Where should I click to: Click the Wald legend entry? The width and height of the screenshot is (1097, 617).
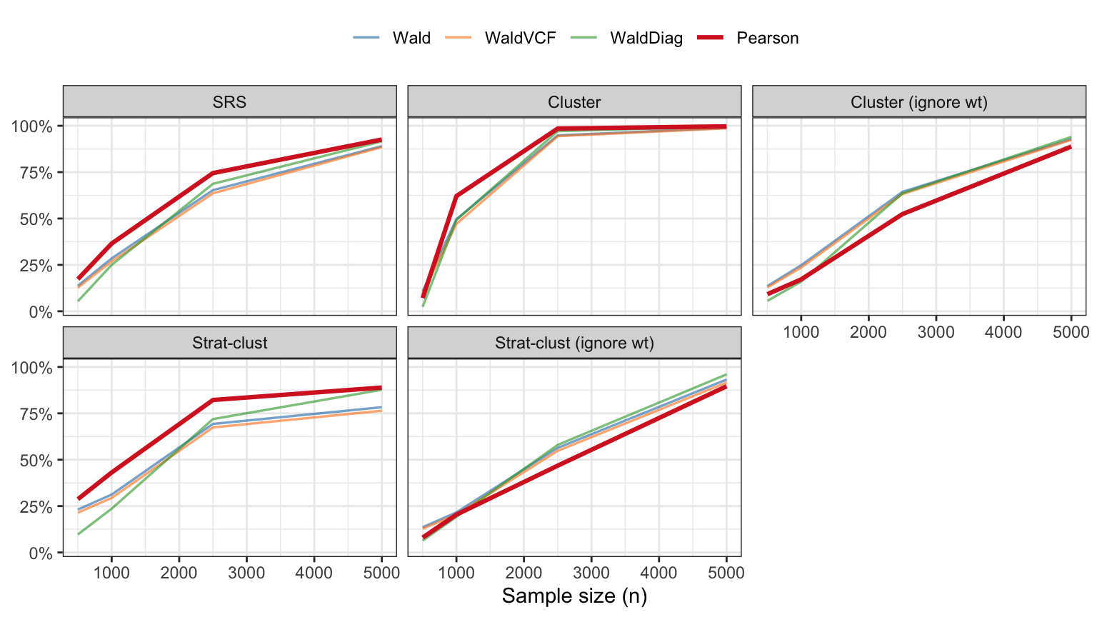(411, 38)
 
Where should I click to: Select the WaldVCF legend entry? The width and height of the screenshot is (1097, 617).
(519, 38)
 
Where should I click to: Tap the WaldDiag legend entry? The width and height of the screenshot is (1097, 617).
(646, 38)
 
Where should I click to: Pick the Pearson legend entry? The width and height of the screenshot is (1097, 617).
(767, 38)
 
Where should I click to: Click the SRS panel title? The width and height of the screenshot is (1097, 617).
(229, 102)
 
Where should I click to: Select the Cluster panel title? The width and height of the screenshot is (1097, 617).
(574, 102)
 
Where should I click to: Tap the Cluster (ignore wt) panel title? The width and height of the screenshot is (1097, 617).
(919, 102)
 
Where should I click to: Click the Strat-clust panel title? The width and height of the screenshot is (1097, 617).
(229, 343)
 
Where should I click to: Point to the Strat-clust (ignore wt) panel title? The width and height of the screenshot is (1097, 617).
(574, 343)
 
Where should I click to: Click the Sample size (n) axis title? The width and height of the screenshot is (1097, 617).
(574, 596)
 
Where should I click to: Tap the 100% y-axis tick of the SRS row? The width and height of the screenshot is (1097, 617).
(32, 126)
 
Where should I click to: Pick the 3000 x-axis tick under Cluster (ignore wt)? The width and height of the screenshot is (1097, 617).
(936, 332)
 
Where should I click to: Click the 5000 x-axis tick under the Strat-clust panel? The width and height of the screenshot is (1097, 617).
(381, 573)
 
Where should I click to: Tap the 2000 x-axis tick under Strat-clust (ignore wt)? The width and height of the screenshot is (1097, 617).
(524, 573)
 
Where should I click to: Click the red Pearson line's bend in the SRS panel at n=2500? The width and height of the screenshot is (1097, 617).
(213, 173)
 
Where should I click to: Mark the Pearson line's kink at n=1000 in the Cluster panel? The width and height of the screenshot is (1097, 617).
(456, 196)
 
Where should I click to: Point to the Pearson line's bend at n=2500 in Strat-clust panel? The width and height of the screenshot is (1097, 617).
(213, 400)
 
